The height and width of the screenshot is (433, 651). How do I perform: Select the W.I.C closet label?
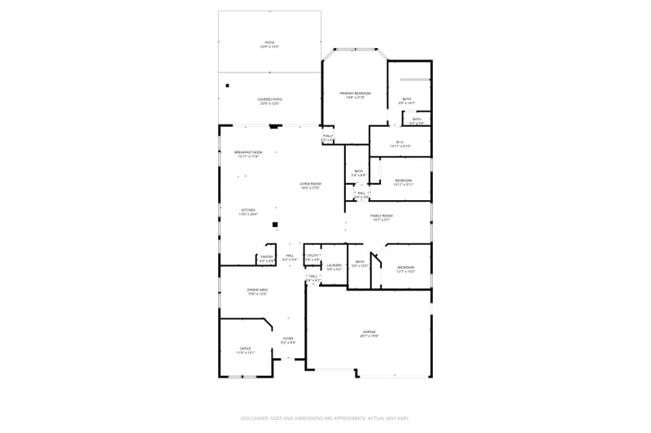400,142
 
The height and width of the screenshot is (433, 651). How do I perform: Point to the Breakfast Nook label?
247,152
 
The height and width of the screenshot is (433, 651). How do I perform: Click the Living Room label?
310,184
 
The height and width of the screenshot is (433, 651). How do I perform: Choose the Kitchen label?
247,210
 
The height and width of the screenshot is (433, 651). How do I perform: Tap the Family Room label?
382,216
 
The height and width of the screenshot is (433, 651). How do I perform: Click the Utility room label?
312,256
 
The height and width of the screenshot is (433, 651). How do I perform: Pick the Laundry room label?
334,265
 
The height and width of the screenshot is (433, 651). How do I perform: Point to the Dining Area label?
257,290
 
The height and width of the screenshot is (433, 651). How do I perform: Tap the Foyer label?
288,339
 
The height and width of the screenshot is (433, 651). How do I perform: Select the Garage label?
369,331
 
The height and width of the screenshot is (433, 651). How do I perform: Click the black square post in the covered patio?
228,85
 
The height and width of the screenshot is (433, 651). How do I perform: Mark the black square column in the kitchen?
275,224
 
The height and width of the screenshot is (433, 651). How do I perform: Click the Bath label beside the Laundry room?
360,262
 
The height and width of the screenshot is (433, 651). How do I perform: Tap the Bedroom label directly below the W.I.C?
404,181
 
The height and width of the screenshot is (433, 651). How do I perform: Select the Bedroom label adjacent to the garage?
405,268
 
